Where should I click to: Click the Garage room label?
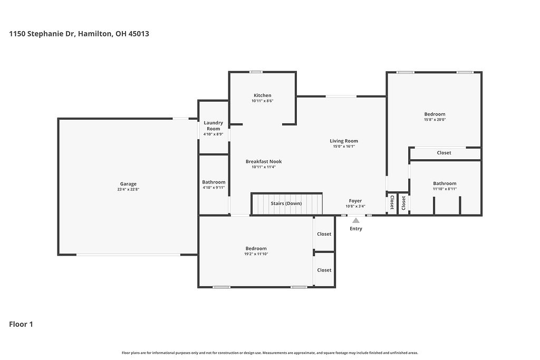coord(128,184)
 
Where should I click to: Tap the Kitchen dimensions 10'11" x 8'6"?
coord(262,101)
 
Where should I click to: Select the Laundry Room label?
coord(214,125)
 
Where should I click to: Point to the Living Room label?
coord(344,141)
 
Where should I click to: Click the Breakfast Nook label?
coord(264,161)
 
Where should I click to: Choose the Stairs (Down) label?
coord(286,203)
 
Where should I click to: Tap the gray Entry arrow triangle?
coord(356,221)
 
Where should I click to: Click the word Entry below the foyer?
coord(356,229)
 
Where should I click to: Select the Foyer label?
coord(355,201)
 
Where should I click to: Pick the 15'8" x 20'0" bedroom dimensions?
coord(435,120)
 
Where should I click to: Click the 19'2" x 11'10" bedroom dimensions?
coord(256,254)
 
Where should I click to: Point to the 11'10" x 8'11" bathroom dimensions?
coord(445,189)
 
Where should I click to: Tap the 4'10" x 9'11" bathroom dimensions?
coord(214,188)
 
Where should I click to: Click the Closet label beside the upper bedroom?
coord(444,153)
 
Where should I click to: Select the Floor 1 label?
coord(21,324)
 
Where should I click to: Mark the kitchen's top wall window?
coord(256,72)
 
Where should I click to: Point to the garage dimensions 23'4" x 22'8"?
coord(128,190)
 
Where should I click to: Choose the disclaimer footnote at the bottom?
coord(270,353)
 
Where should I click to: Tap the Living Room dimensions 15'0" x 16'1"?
coord(344,147)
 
